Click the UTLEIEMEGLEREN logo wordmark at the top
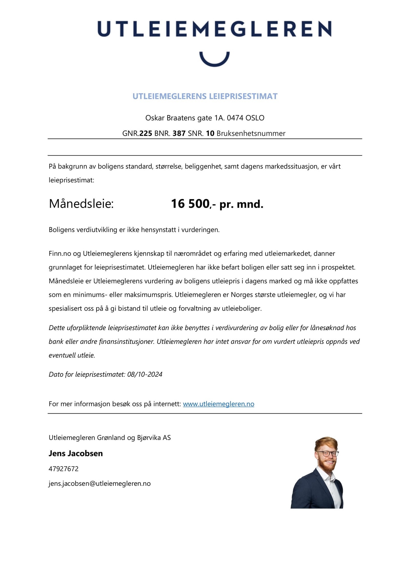tap(214, 29)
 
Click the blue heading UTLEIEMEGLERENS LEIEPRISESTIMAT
tap(205, 96)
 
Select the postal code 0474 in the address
tap(235, 118)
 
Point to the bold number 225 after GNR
tap(146, 134)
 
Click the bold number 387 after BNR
tap(179, 134)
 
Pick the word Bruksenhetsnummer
tap(251, 134)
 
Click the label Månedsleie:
tap(81, 204)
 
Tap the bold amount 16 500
tap(190, 204)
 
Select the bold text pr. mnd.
tap(241, 205)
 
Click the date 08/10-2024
tap(145, 374)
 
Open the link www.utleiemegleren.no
tap(218, 404)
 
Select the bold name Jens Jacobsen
tap(76, 453)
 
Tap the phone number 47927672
tap(64, 469)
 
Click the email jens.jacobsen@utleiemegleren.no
tap(100, 484)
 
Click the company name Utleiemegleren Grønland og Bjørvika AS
tap(110, 437)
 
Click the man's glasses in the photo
tap(327, 453)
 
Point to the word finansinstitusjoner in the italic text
tap(127, 342)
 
